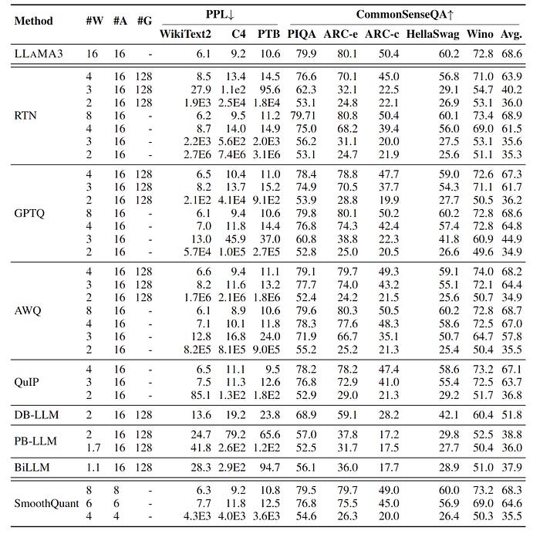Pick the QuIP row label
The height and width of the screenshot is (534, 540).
coord(28,381)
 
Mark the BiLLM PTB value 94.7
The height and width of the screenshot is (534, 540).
coord(269,468)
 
